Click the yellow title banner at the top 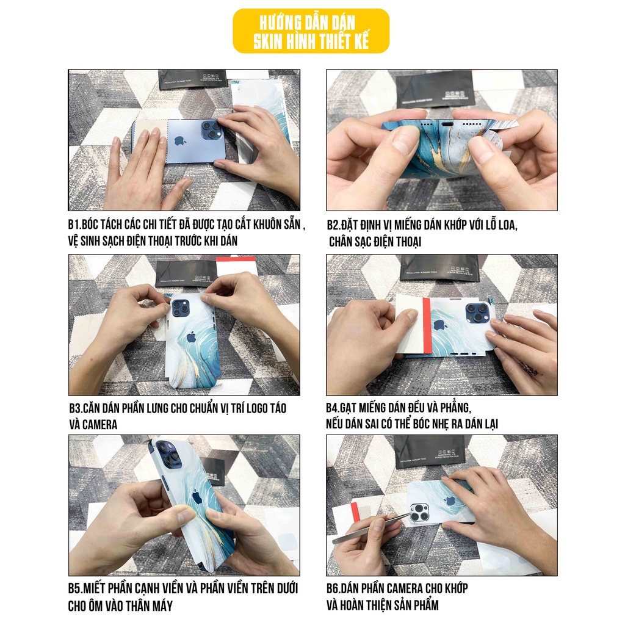pyautogui.click(x=311, y=31)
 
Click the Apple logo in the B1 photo pyautogui.click(x=179, y=141)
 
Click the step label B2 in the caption pyautogui.click(x=333, y=225)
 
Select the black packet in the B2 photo pyautogui.click(x=435, y=89)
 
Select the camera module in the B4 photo pyautogui.click(x=477, y=313)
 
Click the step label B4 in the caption pyautogui.click(x=334, y=407)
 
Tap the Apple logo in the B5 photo pyautogui.click(x=197, y=497)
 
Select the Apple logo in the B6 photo pyautogui.click(x=450, y=500)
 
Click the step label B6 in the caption pyautogui.click(x=334, y=588)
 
